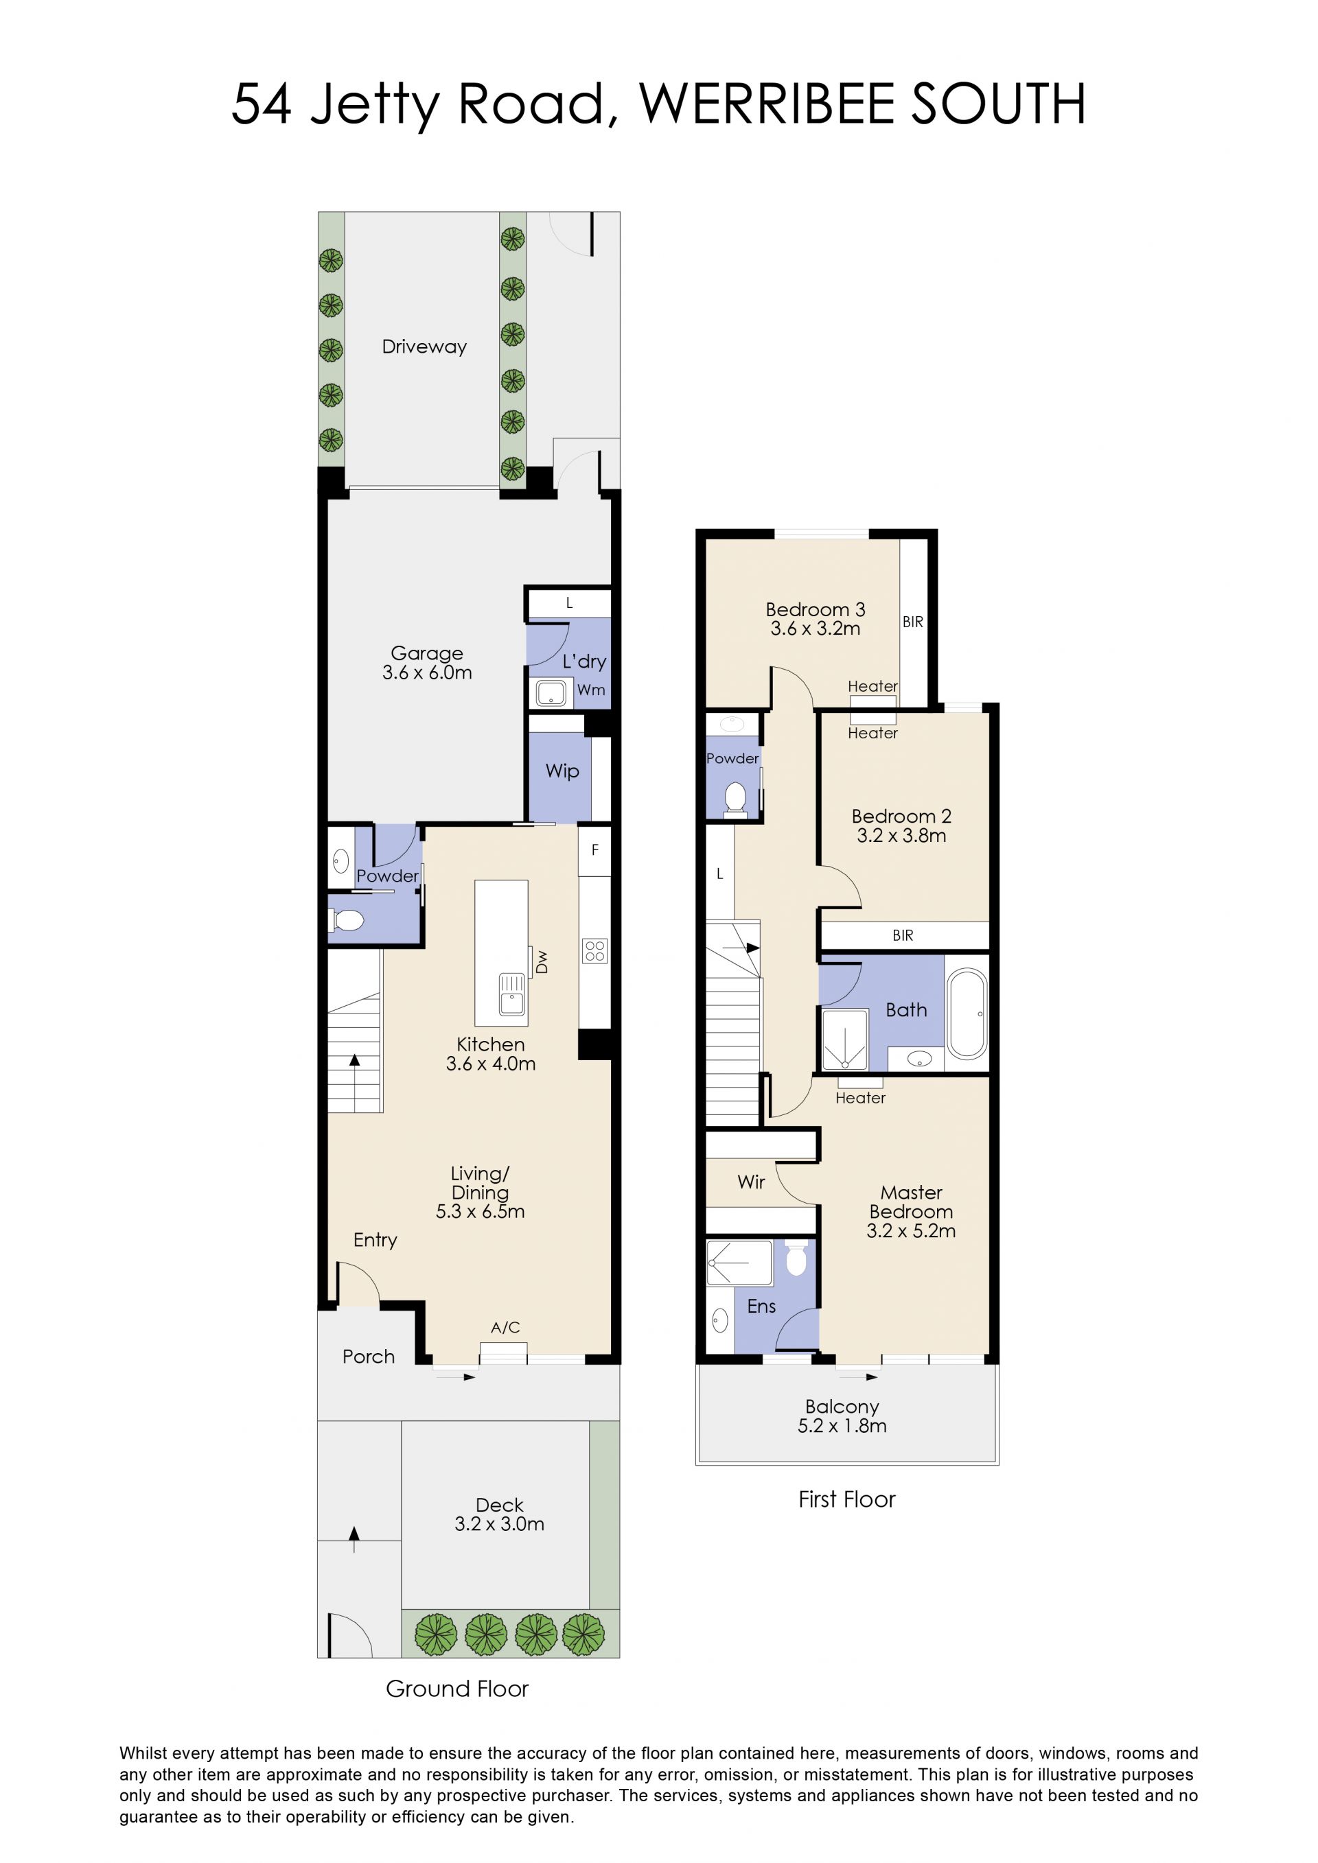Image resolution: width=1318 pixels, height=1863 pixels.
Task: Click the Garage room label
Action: pyautogui.click(x=427, y=653)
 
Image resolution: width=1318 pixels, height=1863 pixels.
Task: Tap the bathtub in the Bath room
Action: pyautogui.click(x=967, y=1014)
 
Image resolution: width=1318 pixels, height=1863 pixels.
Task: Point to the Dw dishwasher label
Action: pyautogui.click(x=542, y=962)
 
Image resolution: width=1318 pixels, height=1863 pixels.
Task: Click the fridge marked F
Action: pyautogui.click(x=595, y=850)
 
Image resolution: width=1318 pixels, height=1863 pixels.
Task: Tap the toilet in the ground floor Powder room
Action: pyautogui.click(x=347, y=921)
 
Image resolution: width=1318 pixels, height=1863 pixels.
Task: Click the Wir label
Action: pyautogui.click(x=752, y=1182)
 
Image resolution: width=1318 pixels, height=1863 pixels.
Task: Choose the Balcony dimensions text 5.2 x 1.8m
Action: pyautogui.click(x=842, y=1426)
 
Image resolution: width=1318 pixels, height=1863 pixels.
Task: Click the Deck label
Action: pyautogui.click(x=499, y=1505)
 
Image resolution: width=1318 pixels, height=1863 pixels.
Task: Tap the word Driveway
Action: pyautogui.click(x=424, y=347)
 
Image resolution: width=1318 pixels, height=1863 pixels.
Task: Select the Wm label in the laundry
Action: pyautogui.click(x=591, y=690)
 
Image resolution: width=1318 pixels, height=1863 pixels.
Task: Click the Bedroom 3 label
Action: pyautogui.click(x=816, y=609)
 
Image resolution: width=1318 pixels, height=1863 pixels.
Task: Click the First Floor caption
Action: pyautogui.click(x=846, y=1499)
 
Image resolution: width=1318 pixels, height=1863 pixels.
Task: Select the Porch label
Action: pyautogui.click(x=369, y=1357)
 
